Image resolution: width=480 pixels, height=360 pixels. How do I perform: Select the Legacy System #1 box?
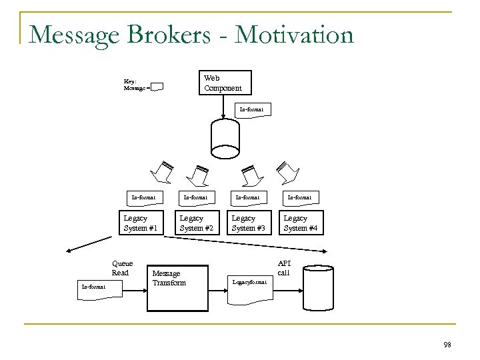coord(141,222)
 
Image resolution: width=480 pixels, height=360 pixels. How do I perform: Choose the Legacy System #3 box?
coord(248,222)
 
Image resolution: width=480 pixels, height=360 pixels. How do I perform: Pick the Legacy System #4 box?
coord(301,222)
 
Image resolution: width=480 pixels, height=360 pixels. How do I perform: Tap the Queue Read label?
coord(120,268)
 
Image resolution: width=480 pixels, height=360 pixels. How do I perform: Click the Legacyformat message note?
coord(249,283)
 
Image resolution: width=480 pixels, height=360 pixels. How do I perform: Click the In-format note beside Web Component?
coord(253,109)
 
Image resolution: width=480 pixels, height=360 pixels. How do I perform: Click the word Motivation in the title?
coord(293,34)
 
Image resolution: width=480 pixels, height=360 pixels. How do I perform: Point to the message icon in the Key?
coord(157,87)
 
